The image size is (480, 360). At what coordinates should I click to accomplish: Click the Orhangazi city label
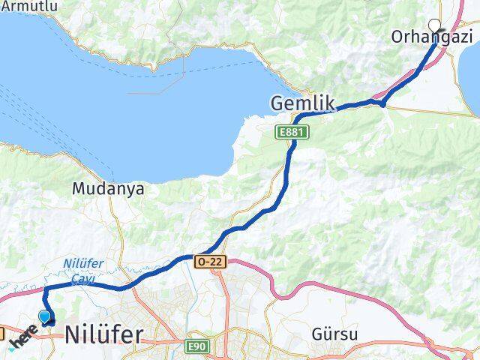pos(433,37)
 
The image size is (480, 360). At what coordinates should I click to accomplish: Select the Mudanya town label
pos(109,189)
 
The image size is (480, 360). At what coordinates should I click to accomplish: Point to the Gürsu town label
pos(337,333)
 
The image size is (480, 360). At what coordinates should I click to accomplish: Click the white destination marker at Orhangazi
pos(434,25)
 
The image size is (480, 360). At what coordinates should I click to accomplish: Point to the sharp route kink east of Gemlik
pos(383,104)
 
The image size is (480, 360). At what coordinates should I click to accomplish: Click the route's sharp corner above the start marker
pos(45,288)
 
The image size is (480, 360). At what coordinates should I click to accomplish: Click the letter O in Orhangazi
pos(398,37)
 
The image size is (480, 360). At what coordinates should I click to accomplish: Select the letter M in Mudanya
pos(79,189)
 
